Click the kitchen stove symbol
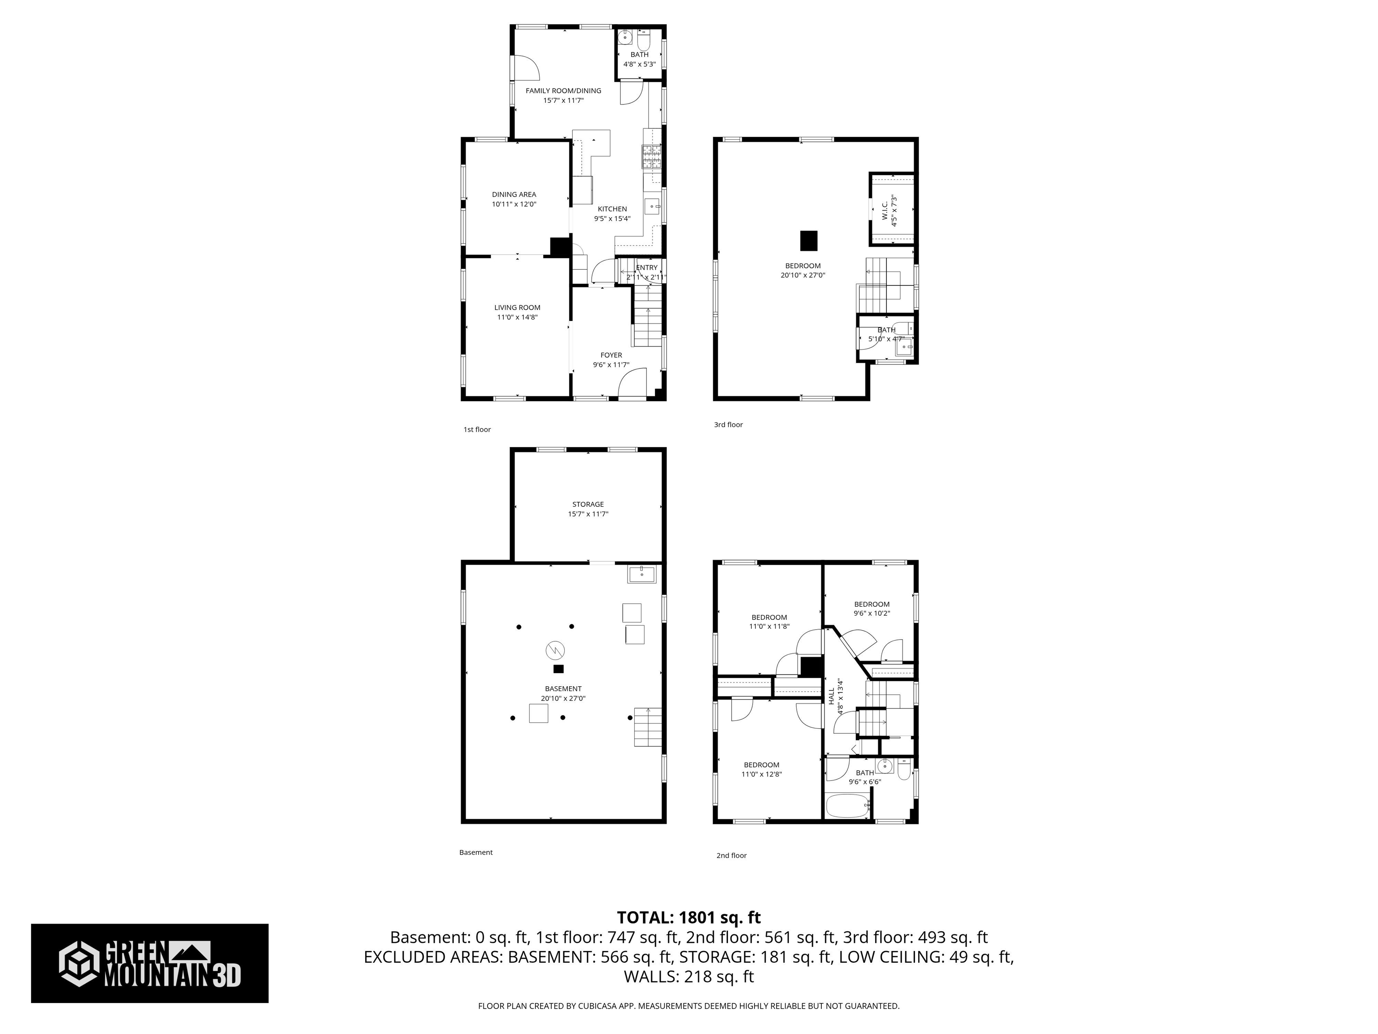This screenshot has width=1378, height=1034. coord(652,157)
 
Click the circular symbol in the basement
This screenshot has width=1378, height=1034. coord(555,651)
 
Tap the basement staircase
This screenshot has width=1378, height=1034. coord(648,727)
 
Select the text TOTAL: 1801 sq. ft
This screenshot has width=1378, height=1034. coord(689,917)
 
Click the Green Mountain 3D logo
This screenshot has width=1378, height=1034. coord(149,964)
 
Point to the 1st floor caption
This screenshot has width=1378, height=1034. coord(477,429)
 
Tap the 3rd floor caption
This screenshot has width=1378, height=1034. coord(728,425)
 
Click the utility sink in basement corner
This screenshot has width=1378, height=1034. coord(641,574)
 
